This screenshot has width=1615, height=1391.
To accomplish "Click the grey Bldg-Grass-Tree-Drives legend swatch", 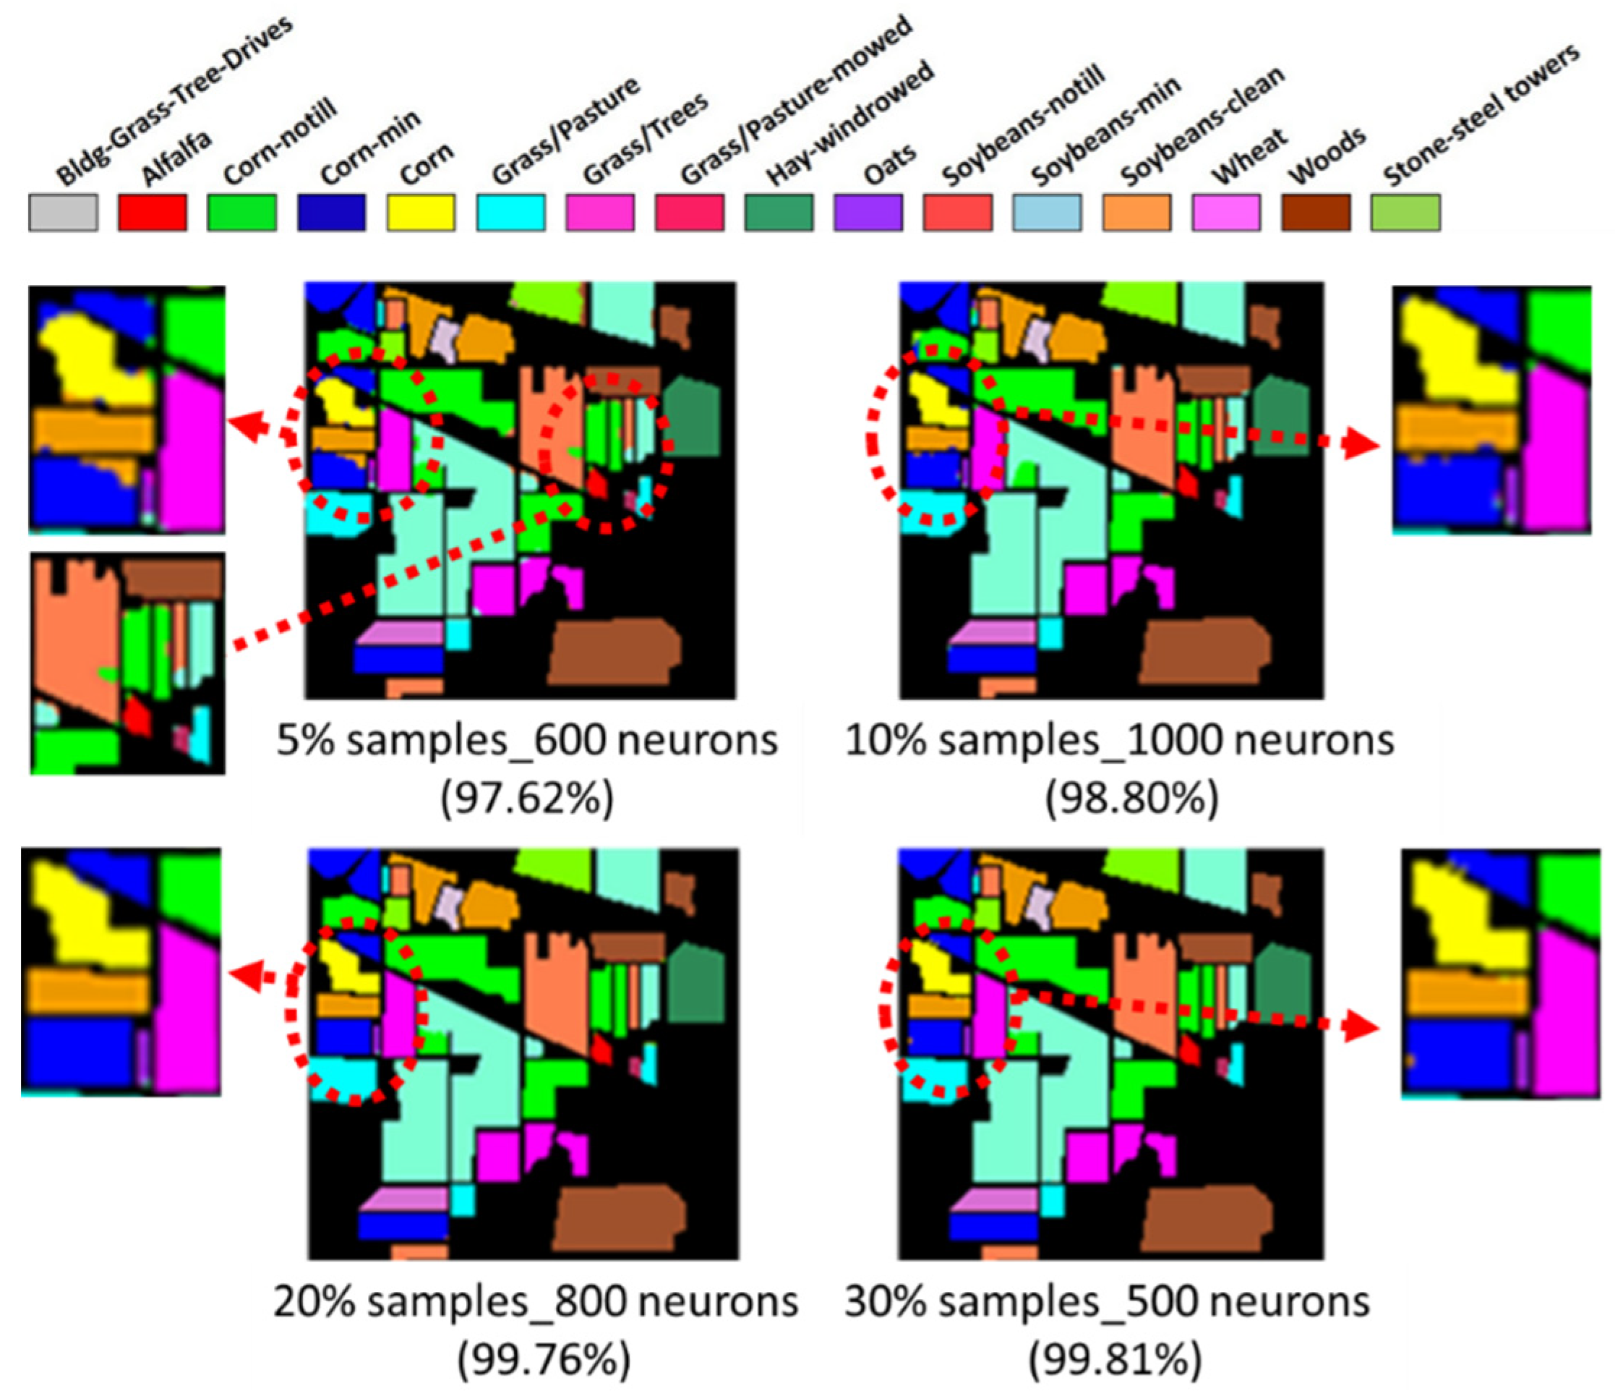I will pos(63,213).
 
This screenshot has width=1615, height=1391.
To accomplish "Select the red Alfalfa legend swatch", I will pos(153,213).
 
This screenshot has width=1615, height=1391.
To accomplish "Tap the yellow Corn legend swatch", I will pos(421,213).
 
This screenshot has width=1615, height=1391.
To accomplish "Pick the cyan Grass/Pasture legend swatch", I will pos(510,213).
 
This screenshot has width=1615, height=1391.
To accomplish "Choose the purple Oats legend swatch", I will pos(868,213).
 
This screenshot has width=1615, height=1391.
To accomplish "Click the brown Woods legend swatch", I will pos(1316,213).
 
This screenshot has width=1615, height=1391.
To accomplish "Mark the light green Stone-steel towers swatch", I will pos(1405,213).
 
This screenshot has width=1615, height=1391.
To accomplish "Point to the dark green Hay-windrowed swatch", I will pos(779,213).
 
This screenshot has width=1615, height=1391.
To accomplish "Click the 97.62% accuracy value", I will pos(527,798).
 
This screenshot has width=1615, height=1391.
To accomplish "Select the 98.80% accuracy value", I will pos(1132,798).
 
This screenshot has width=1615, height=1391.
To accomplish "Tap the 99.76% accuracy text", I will pos(543,1361).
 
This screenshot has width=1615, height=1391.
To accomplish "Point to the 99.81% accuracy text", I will pos(1115,1361).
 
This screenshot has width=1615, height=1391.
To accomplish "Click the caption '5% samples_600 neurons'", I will pos(527,740).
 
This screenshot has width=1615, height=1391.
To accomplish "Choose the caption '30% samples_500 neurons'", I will pos(1107,1301).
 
